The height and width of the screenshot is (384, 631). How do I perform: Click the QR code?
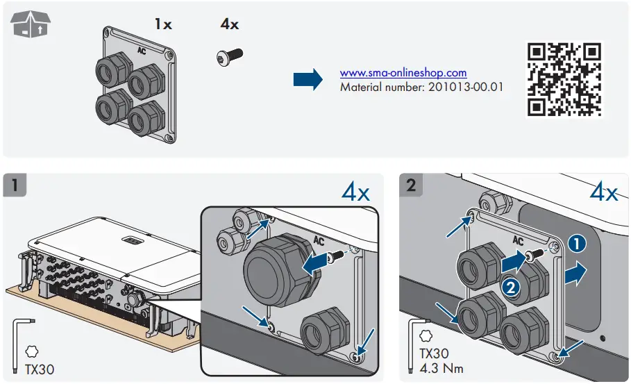[564, 79]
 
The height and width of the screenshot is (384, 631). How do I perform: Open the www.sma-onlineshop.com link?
[403, 73]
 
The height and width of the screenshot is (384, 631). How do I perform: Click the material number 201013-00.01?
[421, 87]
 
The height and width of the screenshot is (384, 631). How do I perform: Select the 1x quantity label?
[163, 24]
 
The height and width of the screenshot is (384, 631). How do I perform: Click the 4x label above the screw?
[229, 24]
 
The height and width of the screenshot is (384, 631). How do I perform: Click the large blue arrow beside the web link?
[308, 79]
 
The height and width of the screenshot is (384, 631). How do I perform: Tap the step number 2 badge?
[411, 186]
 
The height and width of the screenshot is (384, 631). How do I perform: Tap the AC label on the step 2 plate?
[516, 240]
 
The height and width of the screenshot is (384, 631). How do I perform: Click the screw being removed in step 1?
[336, 257]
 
